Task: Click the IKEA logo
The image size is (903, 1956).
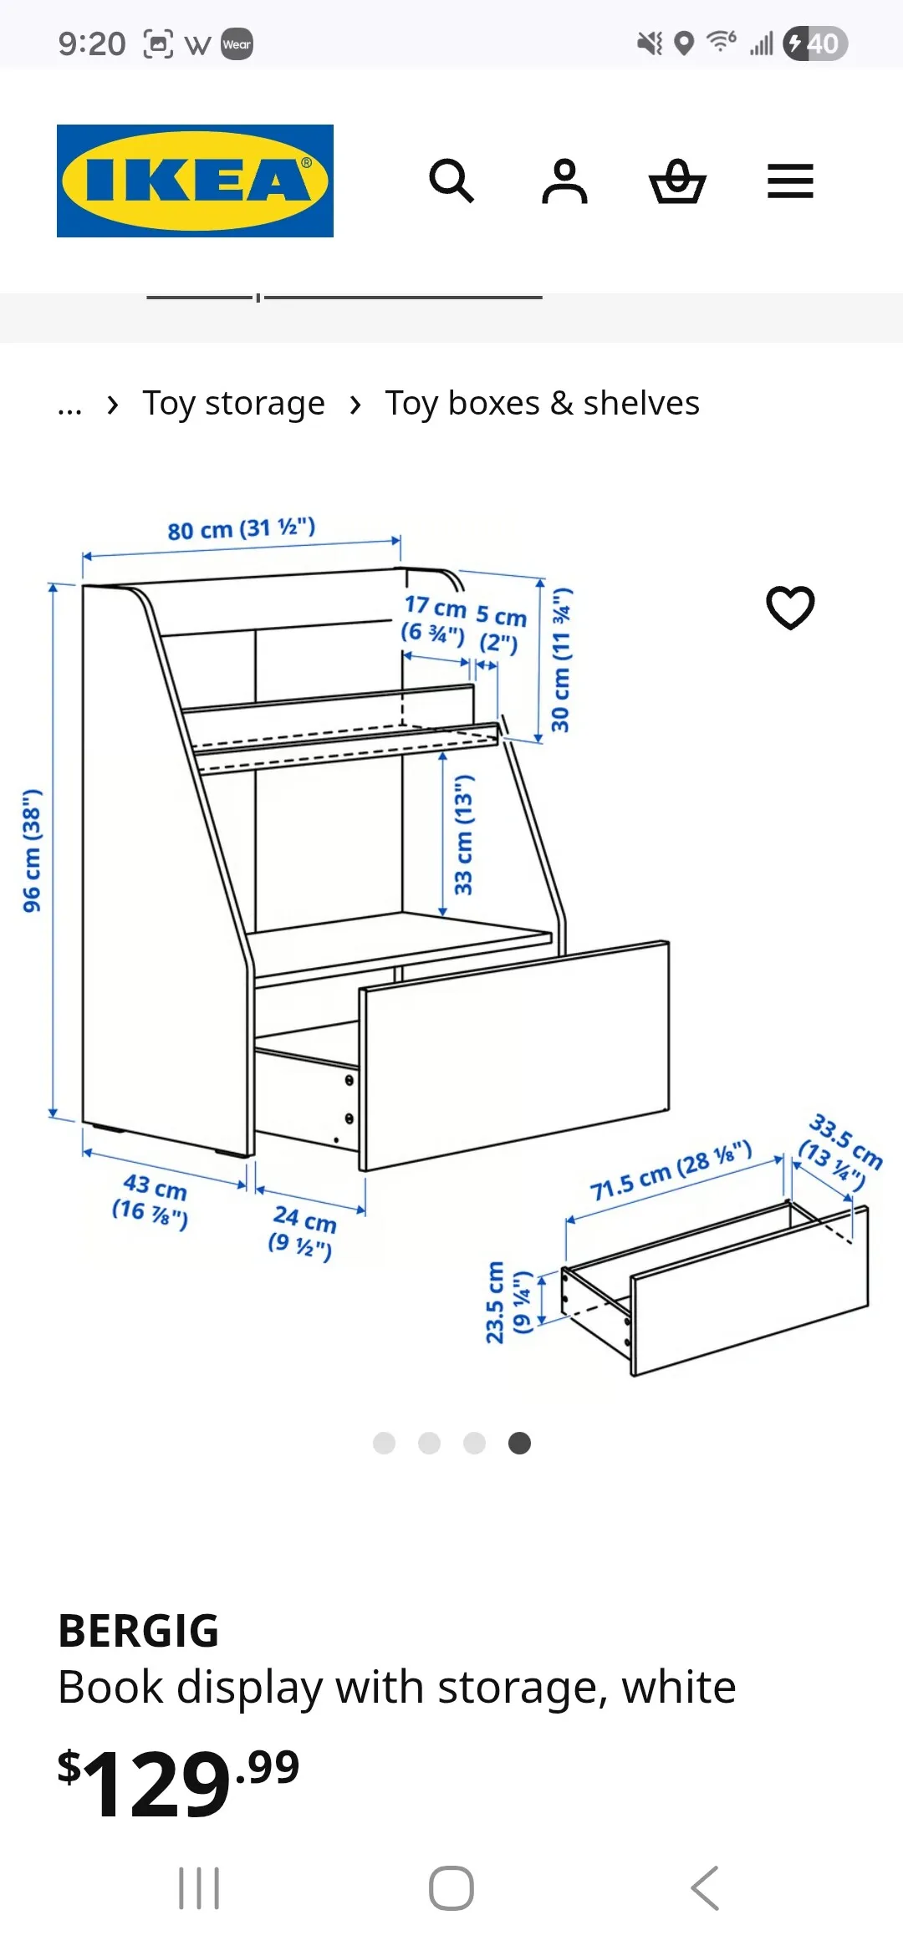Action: click(195, 181)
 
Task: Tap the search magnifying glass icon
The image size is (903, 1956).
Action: click(451, 181)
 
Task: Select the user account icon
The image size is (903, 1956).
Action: click(564, 181)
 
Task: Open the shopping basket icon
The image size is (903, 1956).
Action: click(677, 181)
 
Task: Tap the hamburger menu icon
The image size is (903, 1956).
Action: click(790, 181)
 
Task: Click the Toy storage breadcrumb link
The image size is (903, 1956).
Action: click(233, 403)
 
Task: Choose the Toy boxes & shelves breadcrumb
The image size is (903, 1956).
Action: click(542, 403)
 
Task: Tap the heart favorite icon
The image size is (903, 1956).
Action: click(790, 607)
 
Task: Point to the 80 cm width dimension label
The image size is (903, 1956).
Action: click(241, 528)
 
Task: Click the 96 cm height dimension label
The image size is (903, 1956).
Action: click(32, 849)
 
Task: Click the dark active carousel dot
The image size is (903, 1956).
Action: click(519, 1444)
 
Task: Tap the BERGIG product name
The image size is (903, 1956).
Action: click(139, 1631)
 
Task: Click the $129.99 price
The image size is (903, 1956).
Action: click(178, 1781)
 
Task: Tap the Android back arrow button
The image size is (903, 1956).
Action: click(705, 1888)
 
